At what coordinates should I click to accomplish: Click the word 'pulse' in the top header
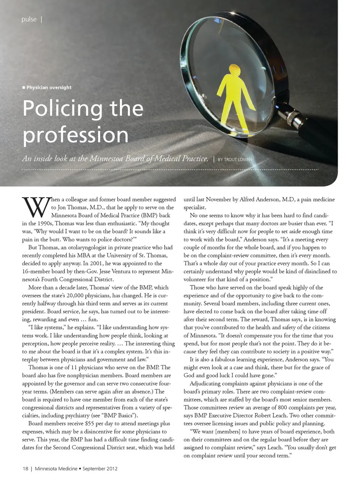[29, 19]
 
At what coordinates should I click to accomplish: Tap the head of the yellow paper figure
[234, 70]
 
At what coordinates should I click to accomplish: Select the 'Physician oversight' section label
[49, 87]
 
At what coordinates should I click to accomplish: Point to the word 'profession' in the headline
[75, 135]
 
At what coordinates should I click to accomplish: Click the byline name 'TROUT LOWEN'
[238, 160]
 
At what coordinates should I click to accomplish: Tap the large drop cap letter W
[36, 207]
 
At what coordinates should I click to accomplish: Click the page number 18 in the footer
[25, 468]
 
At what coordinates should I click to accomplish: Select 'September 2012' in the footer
[100, 468]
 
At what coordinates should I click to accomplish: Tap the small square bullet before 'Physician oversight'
[24, 87]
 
